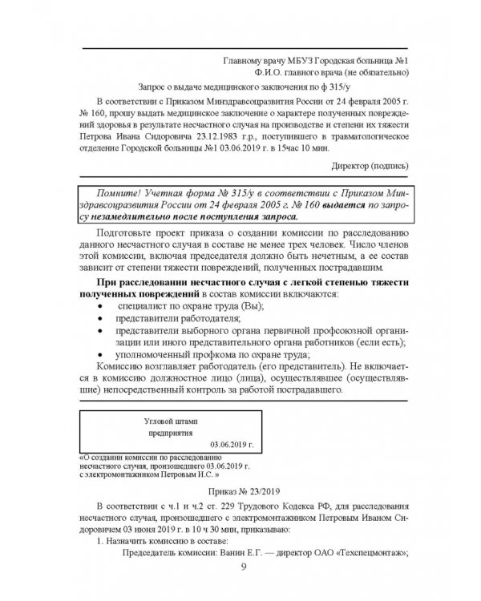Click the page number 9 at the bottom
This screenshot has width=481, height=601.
(244, 569)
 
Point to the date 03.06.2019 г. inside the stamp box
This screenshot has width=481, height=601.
(231, 442)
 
